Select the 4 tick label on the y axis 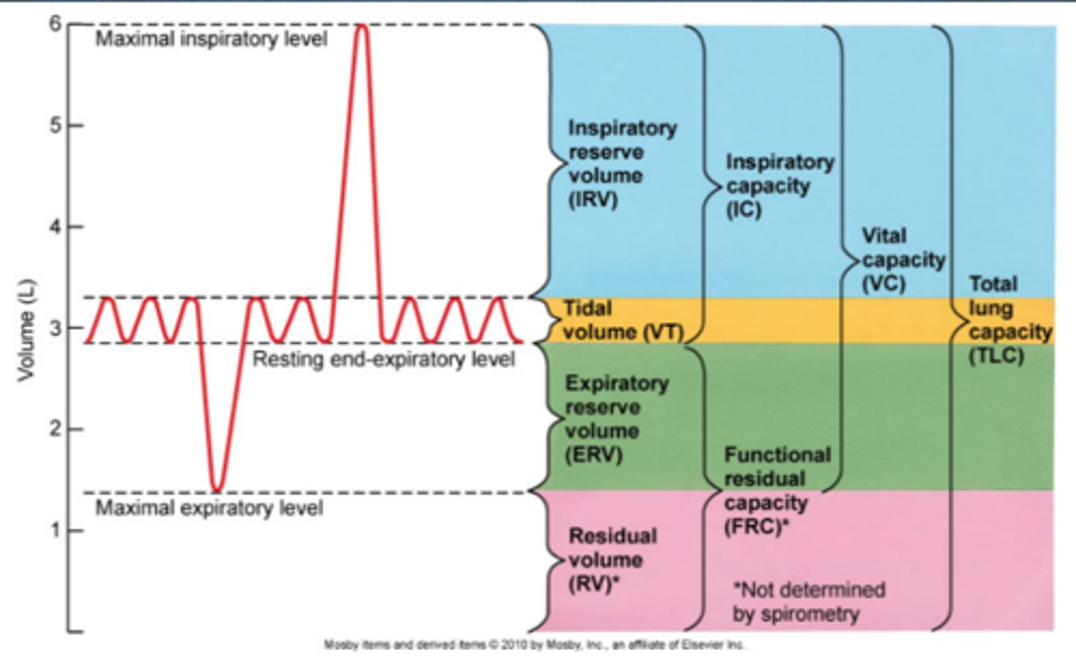tap(55, 226)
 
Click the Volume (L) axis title tap(27, 329)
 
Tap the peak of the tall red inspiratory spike tap(362, 26)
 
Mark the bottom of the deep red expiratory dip tap(216, 490)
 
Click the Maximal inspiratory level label tap(211, 39)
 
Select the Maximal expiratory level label tap(209, 509)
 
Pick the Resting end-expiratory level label tap(383, 359)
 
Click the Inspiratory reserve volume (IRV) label tap(621, 164)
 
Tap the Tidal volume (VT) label tap(622, 321)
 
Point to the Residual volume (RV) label tap(611, 560)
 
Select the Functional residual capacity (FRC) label tap(776, 491)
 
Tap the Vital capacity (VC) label tap(902, 259)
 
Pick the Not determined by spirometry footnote tap(807, 602)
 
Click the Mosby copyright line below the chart tap(534, 645)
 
